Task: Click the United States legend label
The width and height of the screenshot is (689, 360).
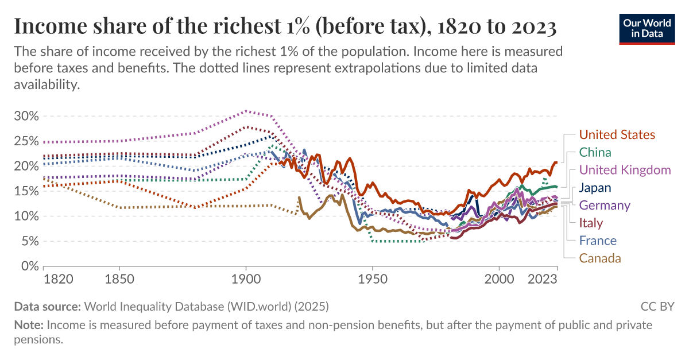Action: [x=617, y=135]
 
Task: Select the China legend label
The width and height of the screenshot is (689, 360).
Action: [x=595, y=152]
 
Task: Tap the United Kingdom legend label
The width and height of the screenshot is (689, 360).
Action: [x=625, y=170]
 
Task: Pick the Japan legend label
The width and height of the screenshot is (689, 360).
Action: [x=595, y=188]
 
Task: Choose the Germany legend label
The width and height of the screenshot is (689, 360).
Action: [x=605, y=205]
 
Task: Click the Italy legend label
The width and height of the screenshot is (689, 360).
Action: [x=591, y=223]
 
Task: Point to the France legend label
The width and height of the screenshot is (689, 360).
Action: [x=598, y=241]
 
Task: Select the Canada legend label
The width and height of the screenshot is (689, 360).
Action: [x=600, y=258]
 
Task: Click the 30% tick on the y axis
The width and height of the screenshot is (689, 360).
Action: [x=26, y=116]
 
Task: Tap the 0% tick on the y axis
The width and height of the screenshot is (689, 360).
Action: [x=30, y=266]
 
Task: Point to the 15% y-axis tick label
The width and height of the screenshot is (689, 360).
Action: [x=26, y=191]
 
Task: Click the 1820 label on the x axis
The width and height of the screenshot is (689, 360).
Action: [x=58, y=280]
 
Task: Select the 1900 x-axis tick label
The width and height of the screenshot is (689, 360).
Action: [x=246, y=280]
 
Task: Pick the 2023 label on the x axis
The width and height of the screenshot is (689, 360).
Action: [x=543, y=280]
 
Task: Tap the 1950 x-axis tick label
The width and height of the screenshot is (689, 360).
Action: [x=373, y=280]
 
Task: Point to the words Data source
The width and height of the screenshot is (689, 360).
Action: [x=48, y=306]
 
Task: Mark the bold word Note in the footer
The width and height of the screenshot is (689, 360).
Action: [x=28, y=326]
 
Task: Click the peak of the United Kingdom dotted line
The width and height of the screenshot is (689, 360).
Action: [x=246, y=111]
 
